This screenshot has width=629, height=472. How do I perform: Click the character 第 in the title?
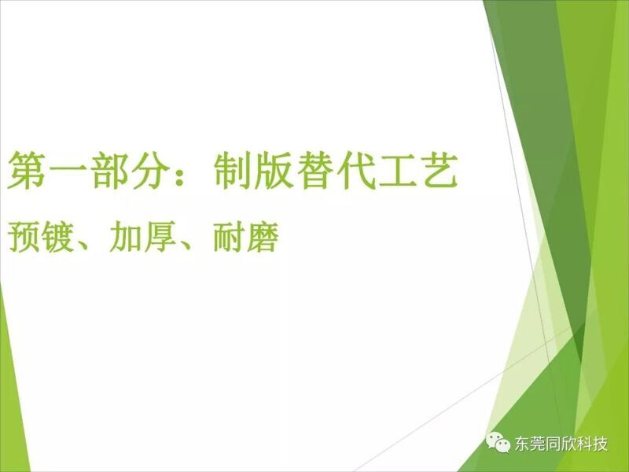point(27,171)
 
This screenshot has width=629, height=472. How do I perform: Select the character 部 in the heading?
point(109,171)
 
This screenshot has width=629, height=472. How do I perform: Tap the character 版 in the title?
point(273,171)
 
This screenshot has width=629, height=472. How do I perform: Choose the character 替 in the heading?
point(314,171)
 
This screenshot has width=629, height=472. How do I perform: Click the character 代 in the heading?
point(356,171)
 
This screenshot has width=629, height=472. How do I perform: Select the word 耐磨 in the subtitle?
point(246,238)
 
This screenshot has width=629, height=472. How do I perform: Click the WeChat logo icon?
point(498,442)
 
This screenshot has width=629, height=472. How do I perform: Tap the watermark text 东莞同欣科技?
point(561,444)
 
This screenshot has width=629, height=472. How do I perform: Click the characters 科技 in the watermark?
point(592,444)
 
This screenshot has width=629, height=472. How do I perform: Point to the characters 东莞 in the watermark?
point(529,444)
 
